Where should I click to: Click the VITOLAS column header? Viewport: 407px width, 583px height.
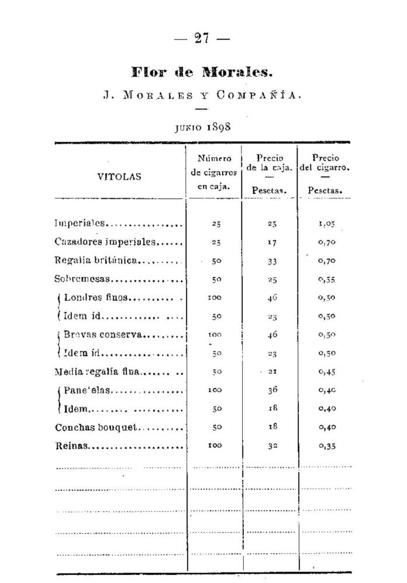tap(119, 176)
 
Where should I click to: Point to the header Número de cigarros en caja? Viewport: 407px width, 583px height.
tap(214, 173)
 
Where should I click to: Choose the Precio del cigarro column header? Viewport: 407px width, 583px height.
tap(325, 173)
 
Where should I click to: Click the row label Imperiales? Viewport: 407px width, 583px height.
tap(80, 223)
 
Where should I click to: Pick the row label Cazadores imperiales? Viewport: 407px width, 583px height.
tap(105, 241)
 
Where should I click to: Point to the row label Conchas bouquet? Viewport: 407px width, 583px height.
tap(96, 427)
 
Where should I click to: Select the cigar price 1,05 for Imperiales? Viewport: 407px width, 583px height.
tap(326, 224)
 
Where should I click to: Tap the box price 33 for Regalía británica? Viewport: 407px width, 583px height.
tap(271, 261)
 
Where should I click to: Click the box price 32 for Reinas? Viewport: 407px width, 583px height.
tap(271, 446)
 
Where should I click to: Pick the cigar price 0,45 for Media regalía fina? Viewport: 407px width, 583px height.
tap(326, 372)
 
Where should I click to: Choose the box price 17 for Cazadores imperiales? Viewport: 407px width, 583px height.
tap(271, 242)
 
